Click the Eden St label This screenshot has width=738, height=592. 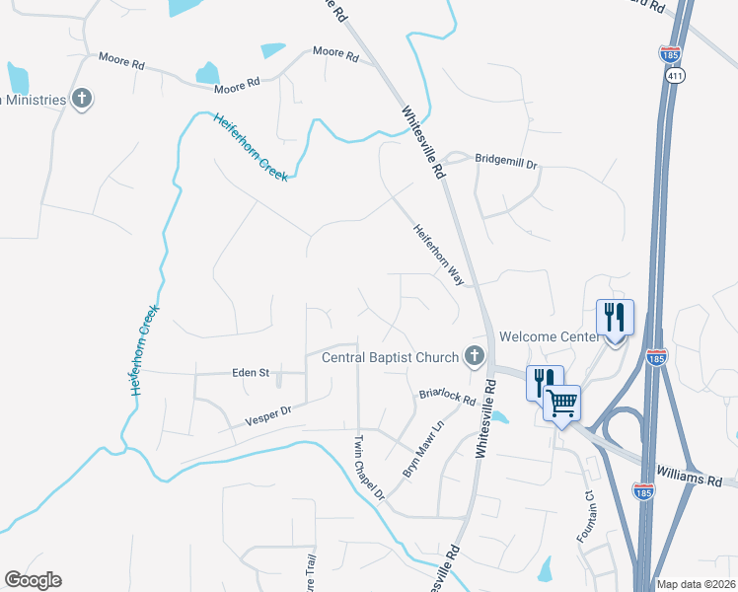pos(251,372)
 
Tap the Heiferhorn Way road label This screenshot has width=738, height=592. pos(438,254)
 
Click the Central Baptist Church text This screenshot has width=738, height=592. pos(391,357)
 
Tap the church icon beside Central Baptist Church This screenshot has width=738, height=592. pos(475,356)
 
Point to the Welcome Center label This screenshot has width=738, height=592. pos(550,336)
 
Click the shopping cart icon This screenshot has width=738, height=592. pos(561,402)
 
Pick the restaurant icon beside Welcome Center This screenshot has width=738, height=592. pos(615,318)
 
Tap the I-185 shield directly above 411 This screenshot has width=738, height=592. pos(671,53)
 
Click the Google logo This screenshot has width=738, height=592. pos(34,580)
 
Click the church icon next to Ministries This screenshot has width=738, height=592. pos(82,99)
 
